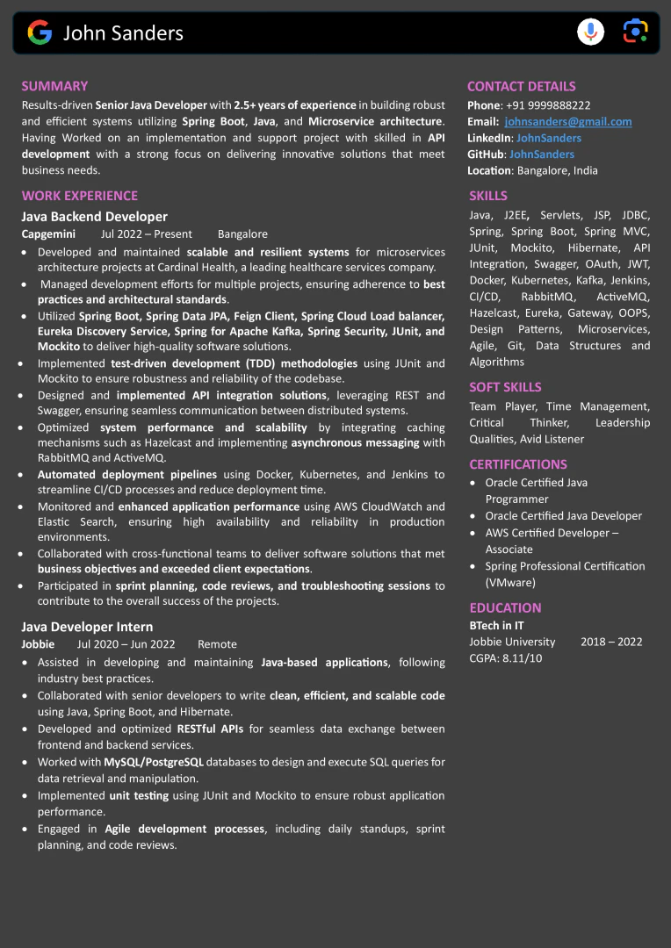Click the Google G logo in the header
pyautogui.click(x=40, y=33)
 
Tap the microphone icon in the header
pyautogui.click(x=590, y=32)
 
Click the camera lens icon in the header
pyautogui.click(x=635, y=32)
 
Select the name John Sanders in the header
pyautogui.click(x=123, y=33)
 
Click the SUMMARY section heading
pyautogui.click(x=54, y=86)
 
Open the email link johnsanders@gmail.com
pyautogui.click(x=567, y=122)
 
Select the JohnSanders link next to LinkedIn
pyautogui.click(x=548, y=138)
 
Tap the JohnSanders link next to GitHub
pyautogui.click(x=542, y=154)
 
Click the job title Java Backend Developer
pyautogui.click(x=94, y=217)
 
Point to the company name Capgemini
pyautogui.click(x=48, y=234)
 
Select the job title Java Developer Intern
pyautogui.click(x=87, y=627)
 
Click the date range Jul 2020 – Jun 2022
pyautogui.click(x=126, y=644)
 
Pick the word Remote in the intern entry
pyautogui.click(x=217, y=644)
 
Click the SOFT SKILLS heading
pyautogui.click(x=505, y=387)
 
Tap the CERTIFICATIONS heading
pyautogui.click(x=517, y=464)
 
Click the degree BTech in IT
pyautogui.click(x=496, y=626)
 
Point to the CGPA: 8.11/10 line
pyautogui.click(x=505, y=658)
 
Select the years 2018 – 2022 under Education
pyautogui.click(x=611, y=642)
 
